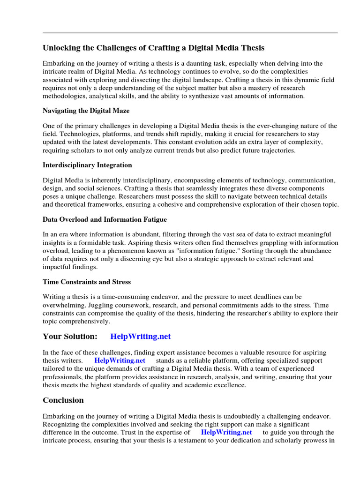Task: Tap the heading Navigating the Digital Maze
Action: click(86, 111)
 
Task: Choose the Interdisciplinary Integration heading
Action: click(87, 165)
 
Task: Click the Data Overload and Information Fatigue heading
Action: click(105, 219)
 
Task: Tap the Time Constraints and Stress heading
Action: click(87, 282)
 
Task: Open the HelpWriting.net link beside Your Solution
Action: click(141, 337)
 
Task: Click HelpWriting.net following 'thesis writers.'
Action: click(120, 360)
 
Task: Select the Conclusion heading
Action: click(63, 400)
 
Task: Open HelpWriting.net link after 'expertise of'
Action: click(226, 432)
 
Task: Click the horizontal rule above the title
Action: click(190, 33)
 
